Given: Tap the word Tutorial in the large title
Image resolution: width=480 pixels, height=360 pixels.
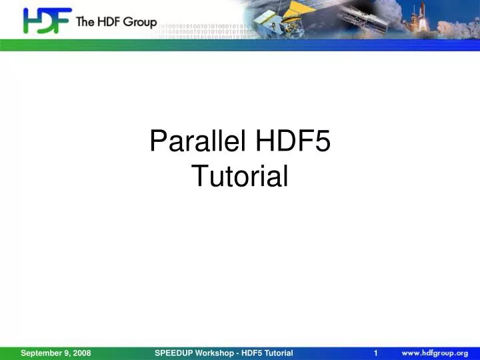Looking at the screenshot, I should (x=240, y=176).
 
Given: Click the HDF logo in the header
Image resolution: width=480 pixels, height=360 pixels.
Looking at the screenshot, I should (x=47, y=21).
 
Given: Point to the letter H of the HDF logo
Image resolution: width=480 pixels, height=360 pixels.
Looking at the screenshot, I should (x=33, y=21).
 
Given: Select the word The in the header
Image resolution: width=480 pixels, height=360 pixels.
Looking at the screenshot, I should (x=87, y=22).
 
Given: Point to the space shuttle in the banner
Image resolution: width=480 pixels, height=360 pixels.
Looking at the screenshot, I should (x=454, y=17).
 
